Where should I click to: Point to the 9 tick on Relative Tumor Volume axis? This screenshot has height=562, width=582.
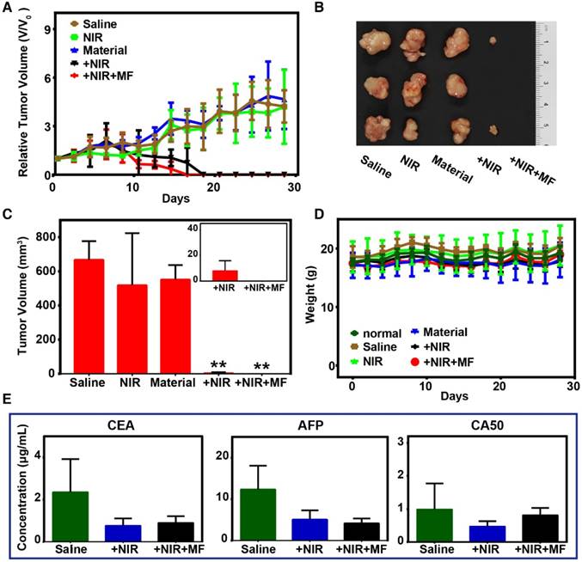coord(42,28)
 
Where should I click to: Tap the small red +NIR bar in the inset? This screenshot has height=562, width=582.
coord(224,275)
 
